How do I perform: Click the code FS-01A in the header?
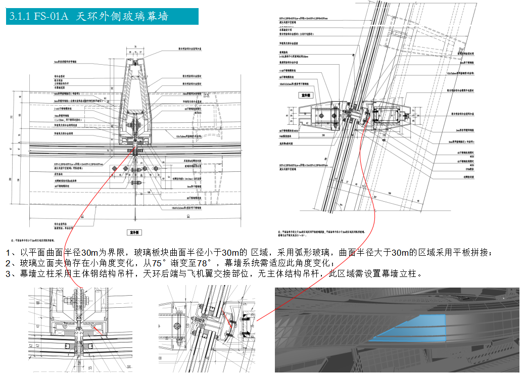(x=51, y=17)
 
